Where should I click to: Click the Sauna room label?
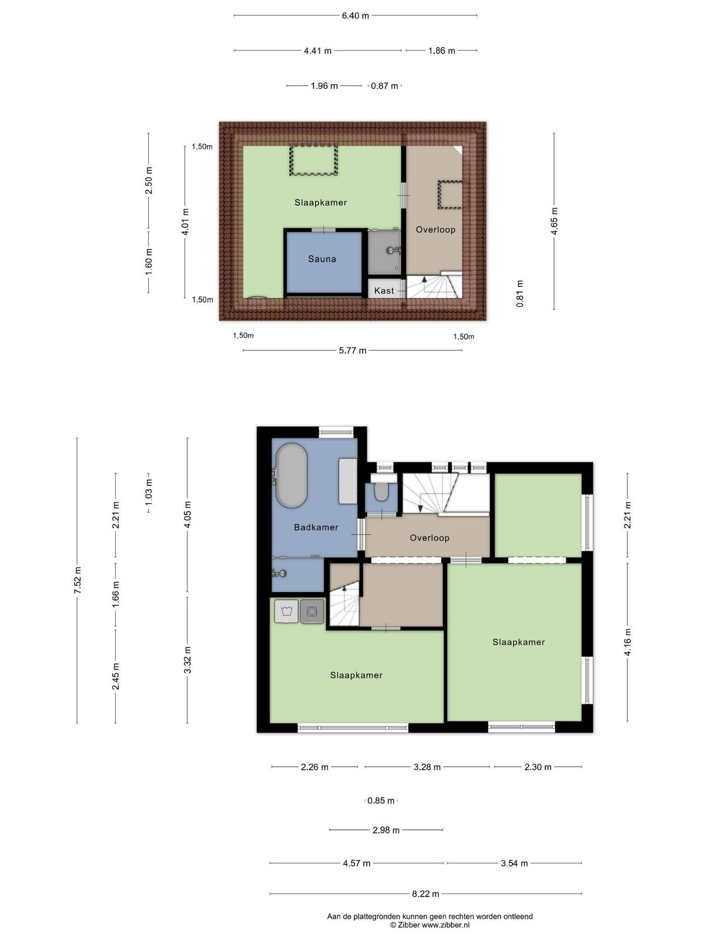322,258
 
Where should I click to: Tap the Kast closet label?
384,291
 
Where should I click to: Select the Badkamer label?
316,527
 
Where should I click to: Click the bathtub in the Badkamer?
291,475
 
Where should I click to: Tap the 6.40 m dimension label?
355,16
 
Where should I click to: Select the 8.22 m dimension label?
425,894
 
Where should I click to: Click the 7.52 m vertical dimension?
78,580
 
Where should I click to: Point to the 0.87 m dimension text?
384,86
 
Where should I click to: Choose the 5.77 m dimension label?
352,350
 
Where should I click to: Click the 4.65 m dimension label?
555,221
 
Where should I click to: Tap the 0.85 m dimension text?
381,800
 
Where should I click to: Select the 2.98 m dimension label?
386,830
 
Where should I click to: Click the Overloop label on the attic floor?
435,230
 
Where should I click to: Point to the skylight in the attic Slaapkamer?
314,160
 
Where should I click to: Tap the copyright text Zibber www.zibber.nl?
430,925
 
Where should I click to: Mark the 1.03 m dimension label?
149,493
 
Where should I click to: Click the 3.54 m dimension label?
514,863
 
